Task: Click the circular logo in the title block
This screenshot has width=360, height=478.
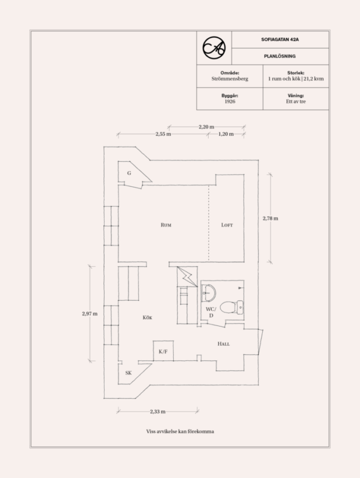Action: pyautogui.click(x=214, y=48)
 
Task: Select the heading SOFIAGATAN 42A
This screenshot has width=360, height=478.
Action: pyautogui.click(x=280, y=39)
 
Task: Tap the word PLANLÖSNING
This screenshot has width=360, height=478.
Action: pyautogui.click(x=280, y=56)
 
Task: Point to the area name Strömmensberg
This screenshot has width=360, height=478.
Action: pyautogui.click(x=230, y=79)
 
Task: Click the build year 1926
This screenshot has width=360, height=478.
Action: pyautogui.click(x=230, y=101)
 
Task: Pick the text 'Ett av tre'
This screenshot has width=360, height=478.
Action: pyautogui.click(x=296, y=101)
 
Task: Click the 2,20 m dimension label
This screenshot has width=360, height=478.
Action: pyautogui.click(x=206, y=127)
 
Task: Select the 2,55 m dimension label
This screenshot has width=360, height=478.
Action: pyautogui.click(x=163, y=134)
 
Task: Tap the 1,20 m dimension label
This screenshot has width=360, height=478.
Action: pyautogui.click(x=226, y=134)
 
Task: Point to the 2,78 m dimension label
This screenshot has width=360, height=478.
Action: pyautogui.click(x=271, y=218)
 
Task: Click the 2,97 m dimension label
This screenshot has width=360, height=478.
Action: pyautogui.click(x=90, y=314)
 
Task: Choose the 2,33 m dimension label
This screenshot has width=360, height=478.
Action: pyautogui.click(x=157, y=412)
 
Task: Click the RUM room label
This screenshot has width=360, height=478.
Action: pyautogui.click(x=166, y=225)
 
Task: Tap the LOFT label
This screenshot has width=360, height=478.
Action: pyautogui.click(x=227, y=225)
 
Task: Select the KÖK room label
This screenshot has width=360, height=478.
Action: pyautogui.click(x=147, y=318)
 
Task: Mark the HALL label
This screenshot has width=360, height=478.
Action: pyautogui.click(x=223, y=344)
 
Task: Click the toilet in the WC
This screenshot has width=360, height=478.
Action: pyautogui.click(x=232, y=307)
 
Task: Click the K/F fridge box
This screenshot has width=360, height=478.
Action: pyautogui.click(x=163, y=351)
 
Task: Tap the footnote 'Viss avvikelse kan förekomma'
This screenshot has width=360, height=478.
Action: pyautogui.click(x=180, y=432)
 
